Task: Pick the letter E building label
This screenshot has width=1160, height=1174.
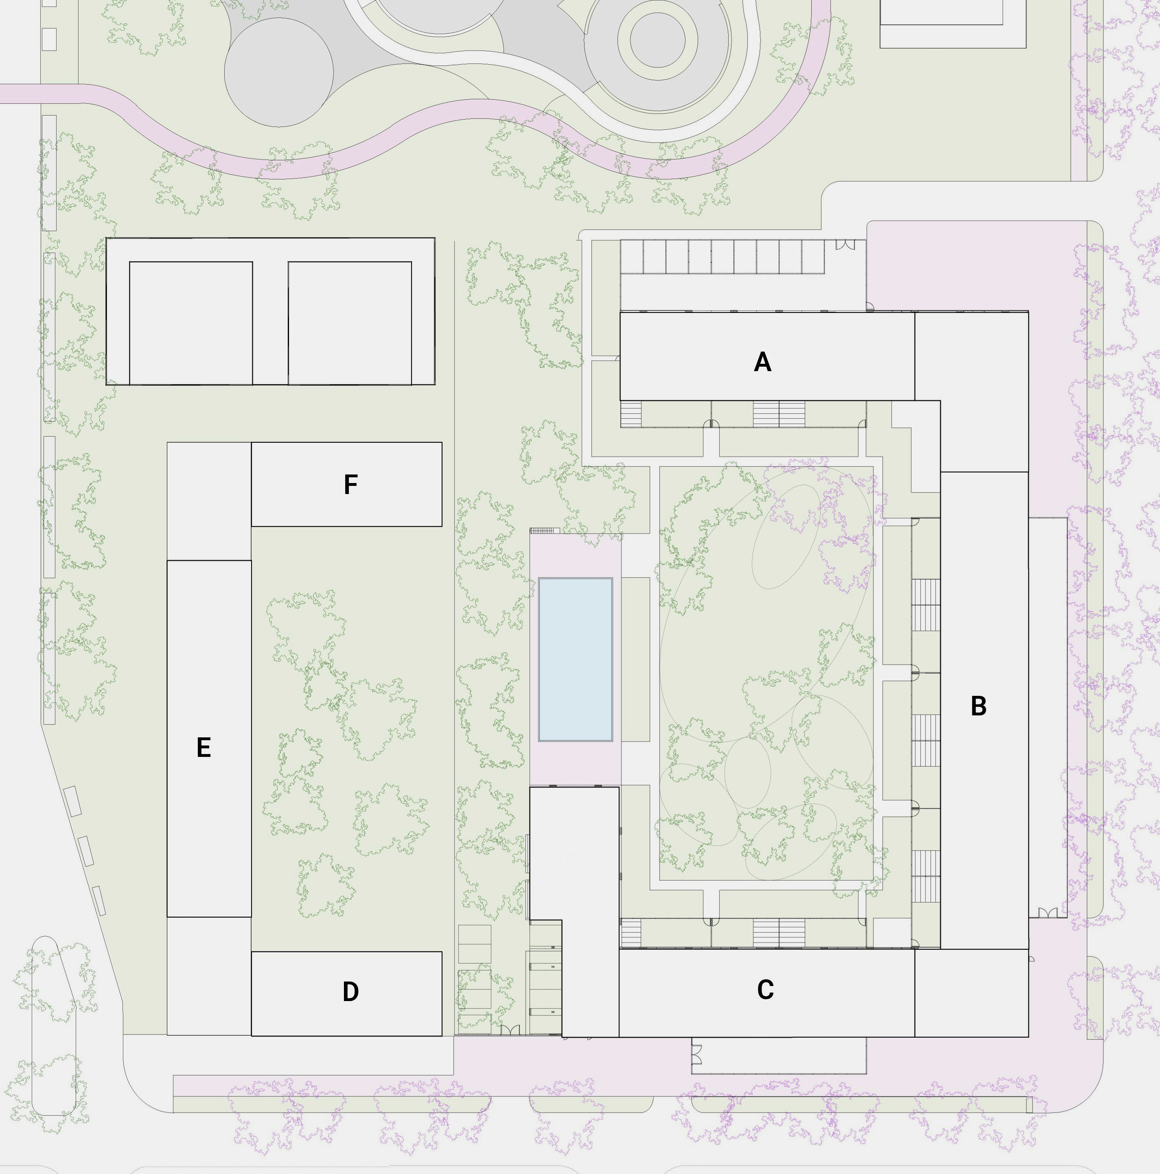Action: (204, 748)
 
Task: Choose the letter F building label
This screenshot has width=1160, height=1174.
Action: (350, 485)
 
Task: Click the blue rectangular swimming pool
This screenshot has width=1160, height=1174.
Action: (575, 659)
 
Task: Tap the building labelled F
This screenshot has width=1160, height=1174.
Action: (346, 484)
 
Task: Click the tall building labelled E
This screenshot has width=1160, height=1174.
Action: (209, 738)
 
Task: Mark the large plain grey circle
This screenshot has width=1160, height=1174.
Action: (279, 72)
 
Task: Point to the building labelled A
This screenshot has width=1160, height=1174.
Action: (767, 356)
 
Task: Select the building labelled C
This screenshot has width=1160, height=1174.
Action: (767, 993)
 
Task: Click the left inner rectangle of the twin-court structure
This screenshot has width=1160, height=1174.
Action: (191, 323)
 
